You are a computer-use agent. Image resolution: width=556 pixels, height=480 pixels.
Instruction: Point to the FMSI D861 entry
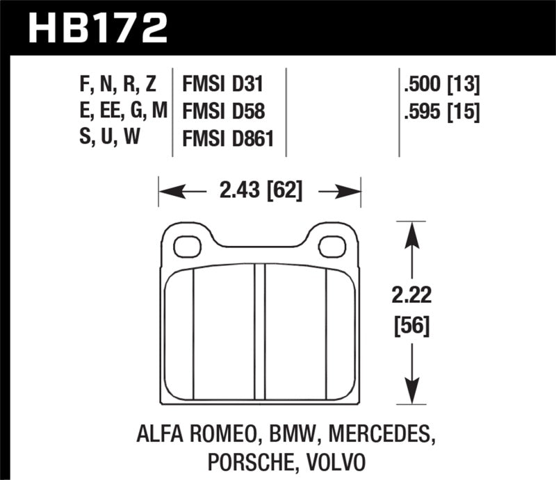(229, 138)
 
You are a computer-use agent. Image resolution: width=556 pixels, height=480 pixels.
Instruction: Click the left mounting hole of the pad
(186, 245)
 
